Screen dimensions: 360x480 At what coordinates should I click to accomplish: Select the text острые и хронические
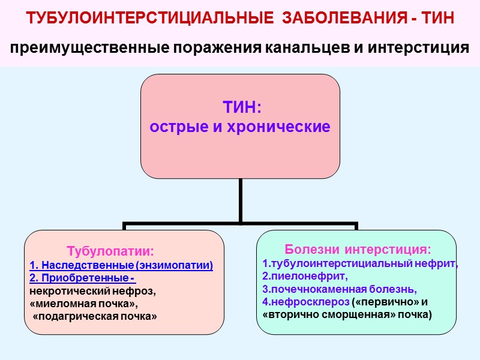pyautogui.click(x=240, y=127)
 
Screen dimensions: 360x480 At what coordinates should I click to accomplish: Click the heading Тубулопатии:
pyautogui.click(x=110, y=250)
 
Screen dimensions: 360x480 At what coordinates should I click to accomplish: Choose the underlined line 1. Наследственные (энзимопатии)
pyautogui.click(x=121, y=265)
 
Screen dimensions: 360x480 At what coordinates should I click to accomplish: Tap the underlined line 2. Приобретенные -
pyautogui.click(x=82, y=278)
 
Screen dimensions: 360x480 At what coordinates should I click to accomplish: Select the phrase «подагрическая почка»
pyautogui.click(x=94, y=316)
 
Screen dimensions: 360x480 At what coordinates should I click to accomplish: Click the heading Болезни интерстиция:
pyautogui.click(x=357, y=248)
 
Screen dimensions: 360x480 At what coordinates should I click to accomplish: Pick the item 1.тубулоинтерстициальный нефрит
pyautogui.click(x=360, y=263)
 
